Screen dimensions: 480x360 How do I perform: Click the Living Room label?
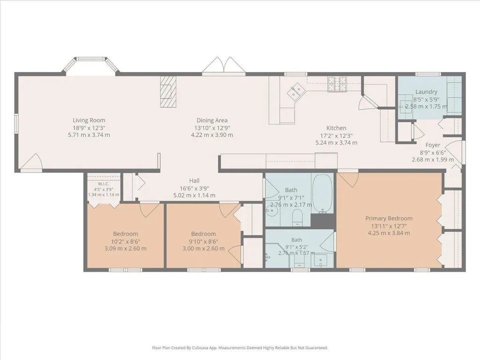(89, 120)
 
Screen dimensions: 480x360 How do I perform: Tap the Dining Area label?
(212, 120)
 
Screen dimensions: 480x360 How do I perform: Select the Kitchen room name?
(336, 128)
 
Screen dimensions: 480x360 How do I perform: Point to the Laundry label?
(426, 92)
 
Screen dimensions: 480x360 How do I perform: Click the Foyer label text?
(433, 145)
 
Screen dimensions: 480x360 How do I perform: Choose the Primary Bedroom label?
(389, 218)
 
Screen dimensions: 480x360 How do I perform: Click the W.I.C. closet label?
(103, 184)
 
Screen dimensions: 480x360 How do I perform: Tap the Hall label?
(194, 181)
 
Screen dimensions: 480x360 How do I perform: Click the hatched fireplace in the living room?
(169, 92)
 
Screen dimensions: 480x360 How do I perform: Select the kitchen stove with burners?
(337, 84)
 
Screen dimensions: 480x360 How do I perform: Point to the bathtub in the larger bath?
(322, 194)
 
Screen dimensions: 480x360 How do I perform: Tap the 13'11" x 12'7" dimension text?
(389, 226)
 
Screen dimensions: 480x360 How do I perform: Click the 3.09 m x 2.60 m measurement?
(126, 248)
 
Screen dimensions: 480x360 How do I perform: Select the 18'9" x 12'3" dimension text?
(89, 128)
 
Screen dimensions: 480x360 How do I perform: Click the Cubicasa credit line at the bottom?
(240, 348)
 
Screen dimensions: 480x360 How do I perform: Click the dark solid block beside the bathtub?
(322, 221)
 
